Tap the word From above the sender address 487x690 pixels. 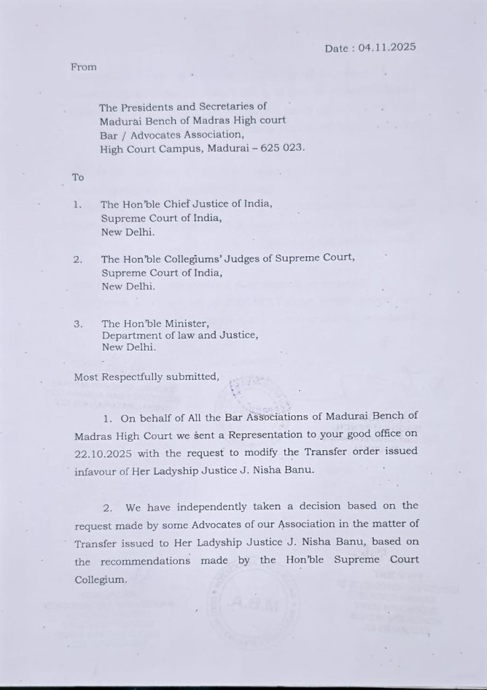pos(84,67)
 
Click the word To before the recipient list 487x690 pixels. pos(78,177)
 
